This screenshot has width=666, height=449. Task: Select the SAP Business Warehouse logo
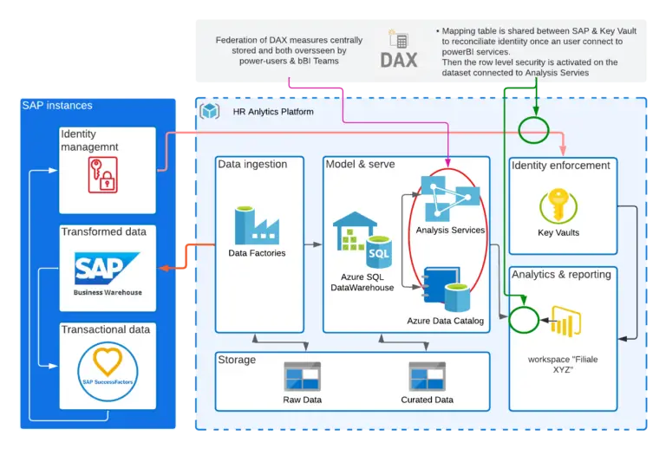108,270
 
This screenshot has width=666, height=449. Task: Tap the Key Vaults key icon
558,207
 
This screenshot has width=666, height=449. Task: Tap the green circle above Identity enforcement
534,130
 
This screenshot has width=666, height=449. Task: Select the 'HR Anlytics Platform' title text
273,112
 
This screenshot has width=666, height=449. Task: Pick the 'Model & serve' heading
360,165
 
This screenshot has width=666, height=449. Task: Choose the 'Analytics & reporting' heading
561,275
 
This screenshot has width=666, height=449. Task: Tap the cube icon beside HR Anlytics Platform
209,112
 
